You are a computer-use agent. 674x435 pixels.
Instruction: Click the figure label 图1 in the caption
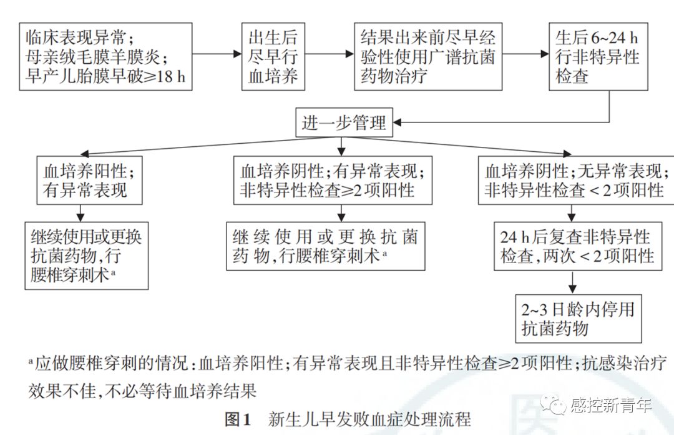pyautogui.click(x=237, y=419)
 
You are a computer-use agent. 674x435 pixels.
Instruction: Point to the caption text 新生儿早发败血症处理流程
pyautogui.click(x=368, y=419)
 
